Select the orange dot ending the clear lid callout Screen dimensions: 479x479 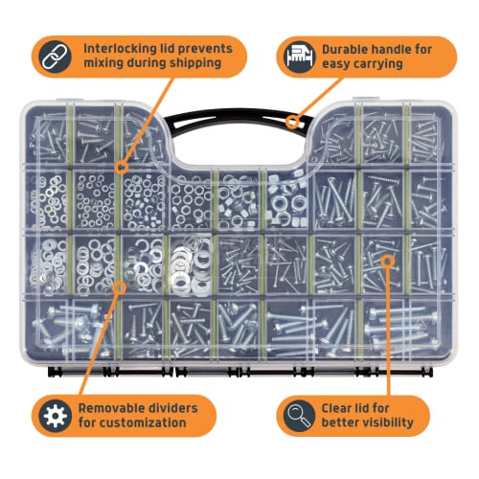386,259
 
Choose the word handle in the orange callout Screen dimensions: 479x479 402,48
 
